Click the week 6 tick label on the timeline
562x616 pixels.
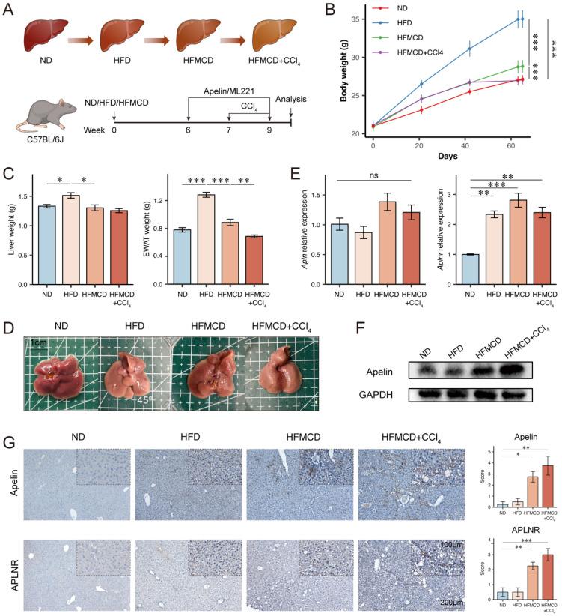(187, 131)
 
